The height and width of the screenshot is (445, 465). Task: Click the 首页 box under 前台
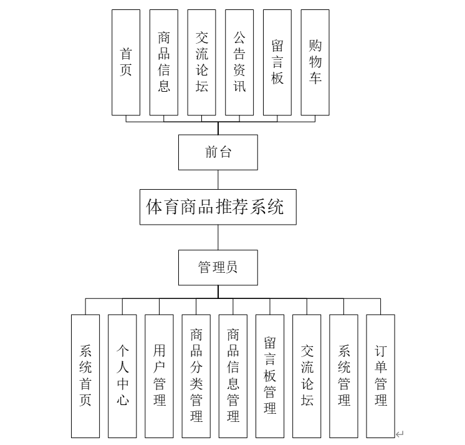pos(126,62)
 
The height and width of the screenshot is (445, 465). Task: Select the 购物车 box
pos(315,62)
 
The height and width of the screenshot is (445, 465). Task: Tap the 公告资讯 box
pos(239,62)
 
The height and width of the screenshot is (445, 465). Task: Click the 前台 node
pos(218,152)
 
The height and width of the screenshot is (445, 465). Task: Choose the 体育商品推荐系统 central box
pos(218,207)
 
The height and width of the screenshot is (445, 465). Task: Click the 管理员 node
pos(218,268)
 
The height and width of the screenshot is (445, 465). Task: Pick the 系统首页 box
pos(85,376)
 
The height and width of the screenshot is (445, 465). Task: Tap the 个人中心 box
pos(122,376)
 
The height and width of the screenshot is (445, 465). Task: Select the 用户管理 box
pos(159,376)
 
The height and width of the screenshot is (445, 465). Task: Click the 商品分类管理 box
pos(196,376)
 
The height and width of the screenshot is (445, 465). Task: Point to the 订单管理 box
pos(381,376)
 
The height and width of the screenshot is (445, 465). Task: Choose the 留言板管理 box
pos(270,376)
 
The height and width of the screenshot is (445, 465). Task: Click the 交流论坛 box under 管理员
pos(307,376)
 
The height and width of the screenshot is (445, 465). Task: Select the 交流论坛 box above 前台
pos(201,62)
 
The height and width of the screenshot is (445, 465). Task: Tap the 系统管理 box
pos(344,376)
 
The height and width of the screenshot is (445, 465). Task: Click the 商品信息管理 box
pos(233,376)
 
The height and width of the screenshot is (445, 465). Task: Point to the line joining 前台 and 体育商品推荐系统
pos(218,179)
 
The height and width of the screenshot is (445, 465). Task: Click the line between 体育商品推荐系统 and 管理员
pos(218,237)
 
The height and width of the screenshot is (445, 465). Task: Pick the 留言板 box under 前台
pos(277,62)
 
